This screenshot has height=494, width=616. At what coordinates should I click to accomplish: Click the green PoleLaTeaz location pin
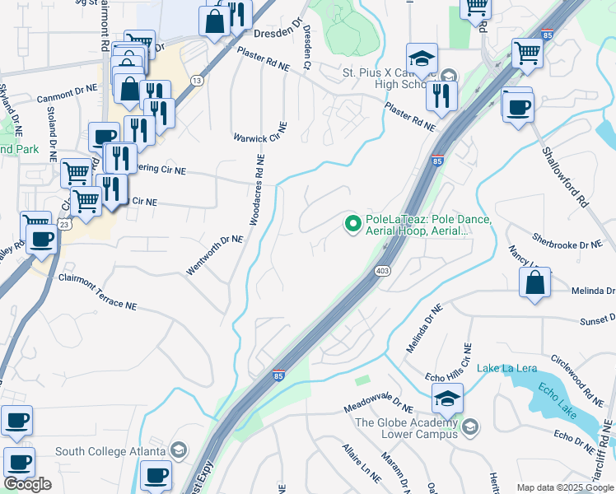tap(353, 223)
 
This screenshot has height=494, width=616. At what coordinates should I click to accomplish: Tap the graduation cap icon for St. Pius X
tap(422, 59)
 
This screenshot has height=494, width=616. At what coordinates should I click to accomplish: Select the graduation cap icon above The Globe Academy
tap(446, 399)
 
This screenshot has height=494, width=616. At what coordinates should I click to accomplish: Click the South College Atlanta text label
tap(110, 451)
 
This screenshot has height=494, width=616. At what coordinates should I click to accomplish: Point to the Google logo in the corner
tap(27, 484)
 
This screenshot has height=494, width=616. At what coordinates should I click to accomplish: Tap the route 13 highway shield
tap(196, 80)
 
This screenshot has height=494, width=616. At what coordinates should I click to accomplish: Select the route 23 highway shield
tap(64, 225)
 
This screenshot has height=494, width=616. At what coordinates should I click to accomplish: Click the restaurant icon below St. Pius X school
tap(441, 95)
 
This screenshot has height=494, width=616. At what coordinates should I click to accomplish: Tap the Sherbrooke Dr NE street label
tap(567, 245)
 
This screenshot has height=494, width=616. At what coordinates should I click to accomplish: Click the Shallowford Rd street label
tap(564, 176)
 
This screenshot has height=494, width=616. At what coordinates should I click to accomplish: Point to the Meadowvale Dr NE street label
tap(379, 407)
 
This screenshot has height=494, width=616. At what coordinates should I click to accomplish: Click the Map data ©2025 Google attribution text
tap(565, 487)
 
